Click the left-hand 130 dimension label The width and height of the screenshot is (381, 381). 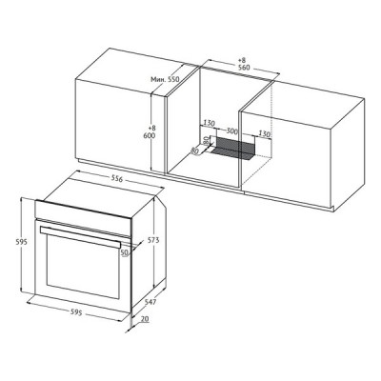pos(211,123)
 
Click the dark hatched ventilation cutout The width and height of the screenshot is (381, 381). pos(233,148)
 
